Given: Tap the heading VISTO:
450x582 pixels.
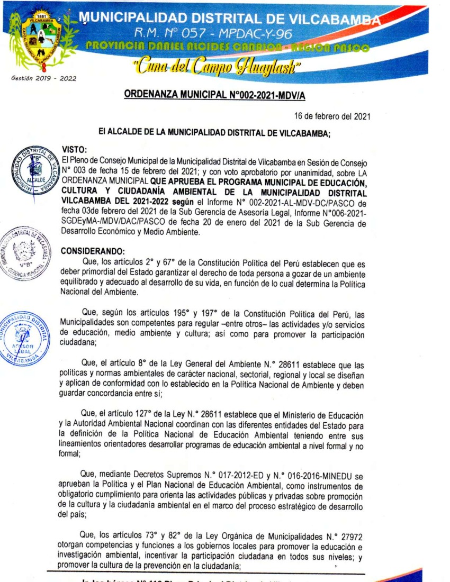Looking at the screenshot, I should pyautogui.click(x=74, y=150).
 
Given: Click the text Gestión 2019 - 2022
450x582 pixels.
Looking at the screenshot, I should pyautogui.click(x=43, y=79).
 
